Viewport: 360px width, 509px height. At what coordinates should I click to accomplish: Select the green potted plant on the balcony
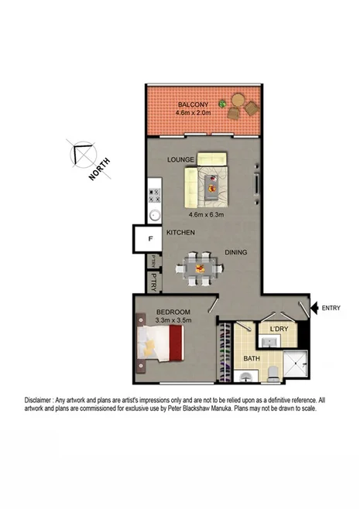click(x=222, y=103)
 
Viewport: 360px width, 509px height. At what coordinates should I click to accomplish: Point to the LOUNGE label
click(x=179, y=159)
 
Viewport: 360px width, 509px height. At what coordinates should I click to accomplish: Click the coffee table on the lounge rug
click(x=211, y=182)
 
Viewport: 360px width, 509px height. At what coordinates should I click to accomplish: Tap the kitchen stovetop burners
click(x=153, y=194)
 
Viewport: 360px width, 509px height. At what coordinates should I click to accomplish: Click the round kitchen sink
click(x=154, y=215)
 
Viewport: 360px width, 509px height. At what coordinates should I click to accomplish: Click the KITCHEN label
click(x=180, y=233)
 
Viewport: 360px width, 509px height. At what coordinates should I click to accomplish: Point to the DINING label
click(x=236, y=252)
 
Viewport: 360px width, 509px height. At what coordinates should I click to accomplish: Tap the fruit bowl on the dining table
click(x=201, y=268)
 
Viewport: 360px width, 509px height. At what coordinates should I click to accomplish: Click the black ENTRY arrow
click(x=314, y=308)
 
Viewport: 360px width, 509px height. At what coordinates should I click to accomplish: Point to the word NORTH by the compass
click(x=99, y=168)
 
